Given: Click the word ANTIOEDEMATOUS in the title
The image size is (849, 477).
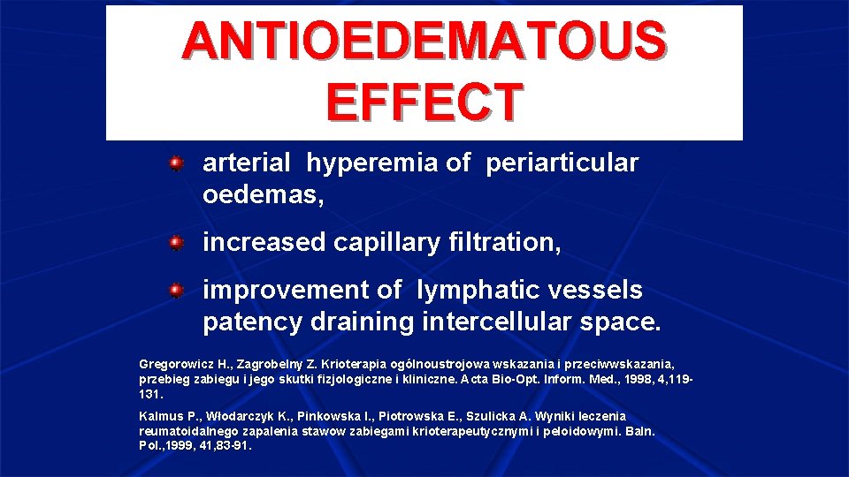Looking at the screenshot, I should pos(424,42).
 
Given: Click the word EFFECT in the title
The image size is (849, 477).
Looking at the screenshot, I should pos(424,102).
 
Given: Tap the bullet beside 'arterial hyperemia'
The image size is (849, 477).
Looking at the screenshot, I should pos(177,163).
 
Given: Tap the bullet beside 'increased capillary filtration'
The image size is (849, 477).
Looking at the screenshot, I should pos(177,241).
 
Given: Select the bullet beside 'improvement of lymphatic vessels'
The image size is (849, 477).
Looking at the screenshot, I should pos(177,290).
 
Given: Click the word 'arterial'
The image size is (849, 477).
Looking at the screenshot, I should pos(246,163).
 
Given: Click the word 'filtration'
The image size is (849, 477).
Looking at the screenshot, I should pos(503,241).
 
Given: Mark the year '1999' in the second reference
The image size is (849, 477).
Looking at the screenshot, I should pos(179,446).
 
